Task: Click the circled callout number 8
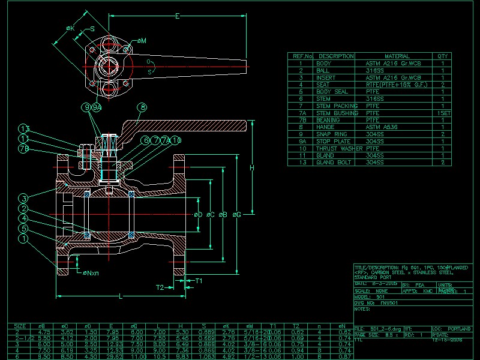tap(142, 107)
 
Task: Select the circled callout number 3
tap(23, 199)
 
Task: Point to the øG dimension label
tap(238, 214)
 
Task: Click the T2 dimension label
tap(160, 287)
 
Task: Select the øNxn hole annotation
tap(91, 273)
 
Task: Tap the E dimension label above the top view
tap(177, 17)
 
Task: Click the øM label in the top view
tap(142, 41)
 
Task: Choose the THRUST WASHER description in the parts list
tap(339, 148)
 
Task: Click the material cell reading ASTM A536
tap(382, 127)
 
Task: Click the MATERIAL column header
tap(397, 56)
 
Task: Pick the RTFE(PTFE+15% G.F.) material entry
tap(397, 85)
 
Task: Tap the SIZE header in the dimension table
tap(19, 327)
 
